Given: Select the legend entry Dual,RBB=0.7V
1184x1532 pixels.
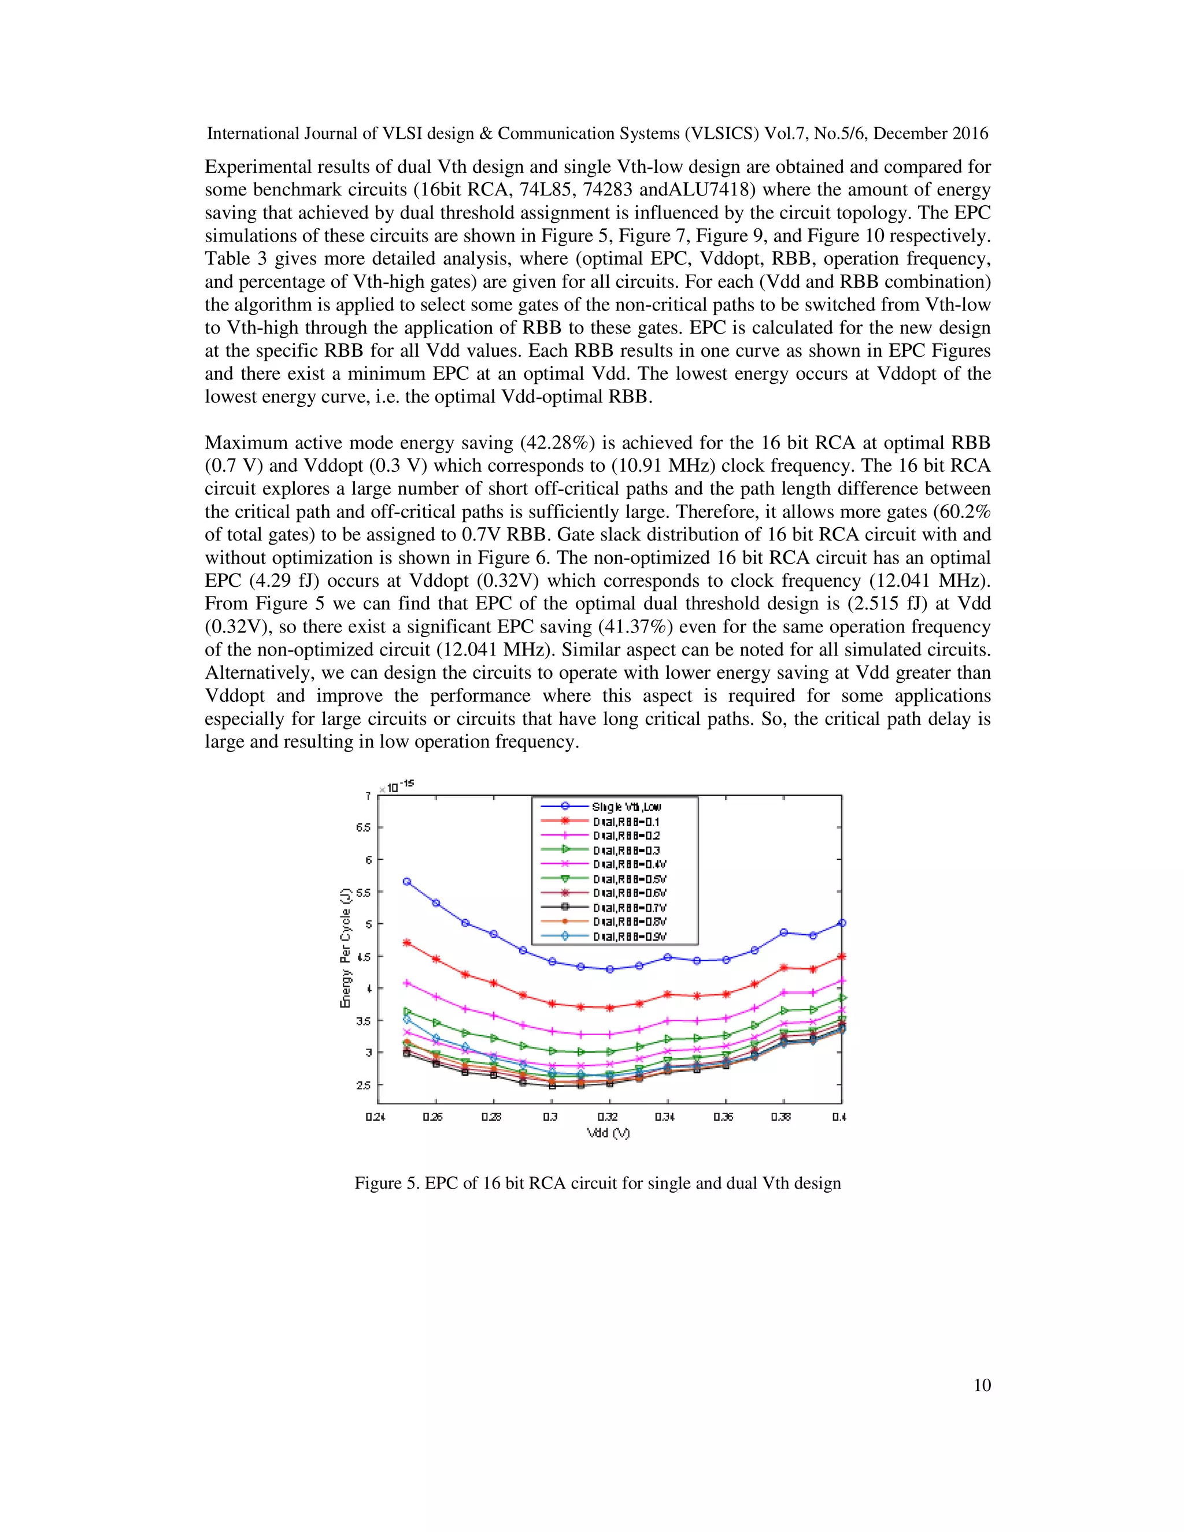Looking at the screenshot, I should pos(629,908).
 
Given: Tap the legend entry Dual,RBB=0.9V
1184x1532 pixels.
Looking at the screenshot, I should pos(629,937).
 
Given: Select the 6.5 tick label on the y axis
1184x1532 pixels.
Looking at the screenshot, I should pos(362,828).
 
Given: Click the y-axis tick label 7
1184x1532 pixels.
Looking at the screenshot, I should pos(368,796).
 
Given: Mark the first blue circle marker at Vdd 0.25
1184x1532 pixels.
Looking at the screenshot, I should pos(407,882).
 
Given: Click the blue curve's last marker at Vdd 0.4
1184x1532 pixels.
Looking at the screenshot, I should pos(842,923).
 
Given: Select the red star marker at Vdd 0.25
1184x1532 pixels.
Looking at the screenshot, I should pos(407,943).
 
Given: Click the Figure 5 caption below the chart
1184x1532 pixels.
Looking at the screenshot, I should pos(597,1183).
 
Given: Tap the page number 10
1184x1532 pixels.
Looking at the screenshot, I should pos(982,1385).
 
